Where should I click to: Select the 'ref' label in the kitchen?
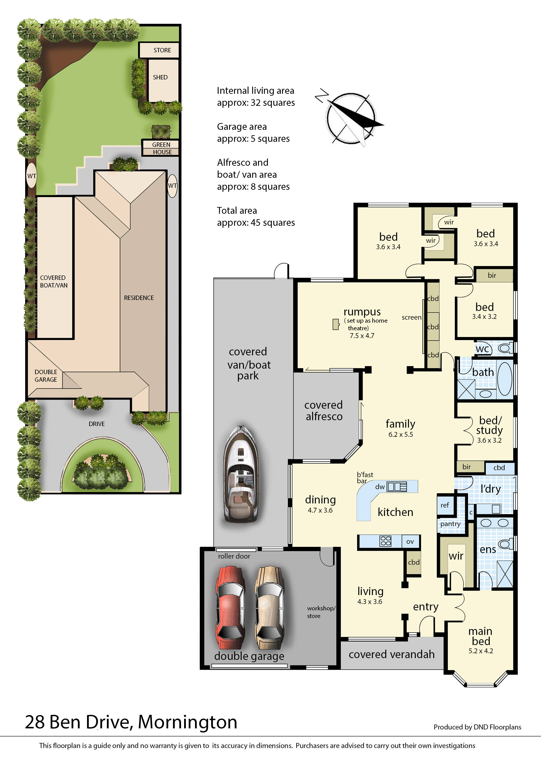445,505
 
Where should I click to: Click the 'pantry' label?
450,524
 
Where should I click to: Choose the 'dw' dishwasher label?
380,487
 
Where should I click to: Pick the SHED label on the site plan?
160,77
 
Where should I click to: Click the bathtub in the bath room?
505,379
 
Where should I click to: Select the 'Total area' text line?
237,211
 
